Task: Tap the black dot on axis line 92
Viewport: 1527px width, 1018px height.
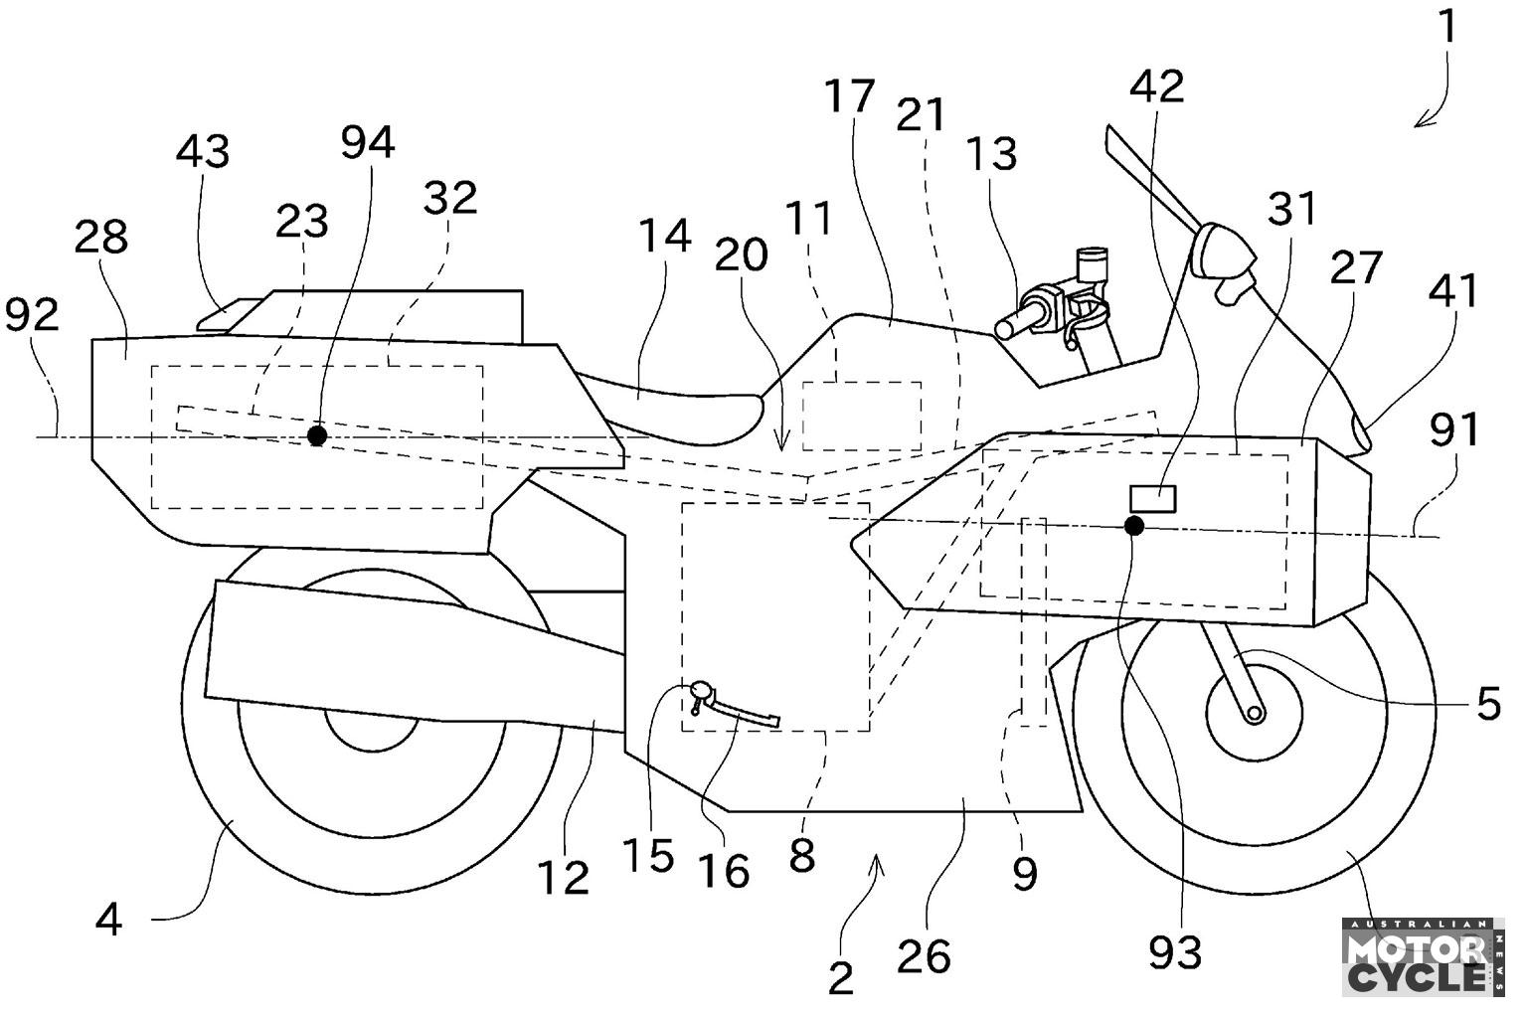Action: [317, 435]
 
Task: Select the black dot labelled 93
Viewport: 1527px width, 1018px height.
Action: [1132, 526]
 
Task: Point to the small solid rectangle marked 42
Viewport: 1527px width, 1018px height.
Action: [1153, 498]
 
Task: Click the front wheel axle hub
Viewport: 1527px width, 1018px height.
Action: [1255, 712]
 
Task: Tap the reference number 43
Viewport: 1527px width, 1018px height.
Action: [204, 151]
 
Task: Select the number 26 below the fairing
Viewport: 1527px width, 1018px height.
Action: [925, 956]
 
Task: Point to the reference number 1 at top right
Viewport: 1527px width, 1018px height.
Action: [1447, 28]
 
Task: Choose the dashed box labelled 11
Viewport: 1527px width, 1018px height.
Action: [861, 416]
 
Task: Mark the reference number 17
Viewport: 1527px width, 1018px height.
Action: [849, 96]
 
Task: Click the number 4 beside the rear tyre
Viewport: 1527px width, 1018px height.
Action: [108, 920]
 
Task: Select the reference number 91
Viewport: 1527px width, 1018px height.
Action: [1454, 430]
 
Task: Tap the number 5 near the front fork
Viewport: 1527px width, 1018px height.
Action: [1487, 703]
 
